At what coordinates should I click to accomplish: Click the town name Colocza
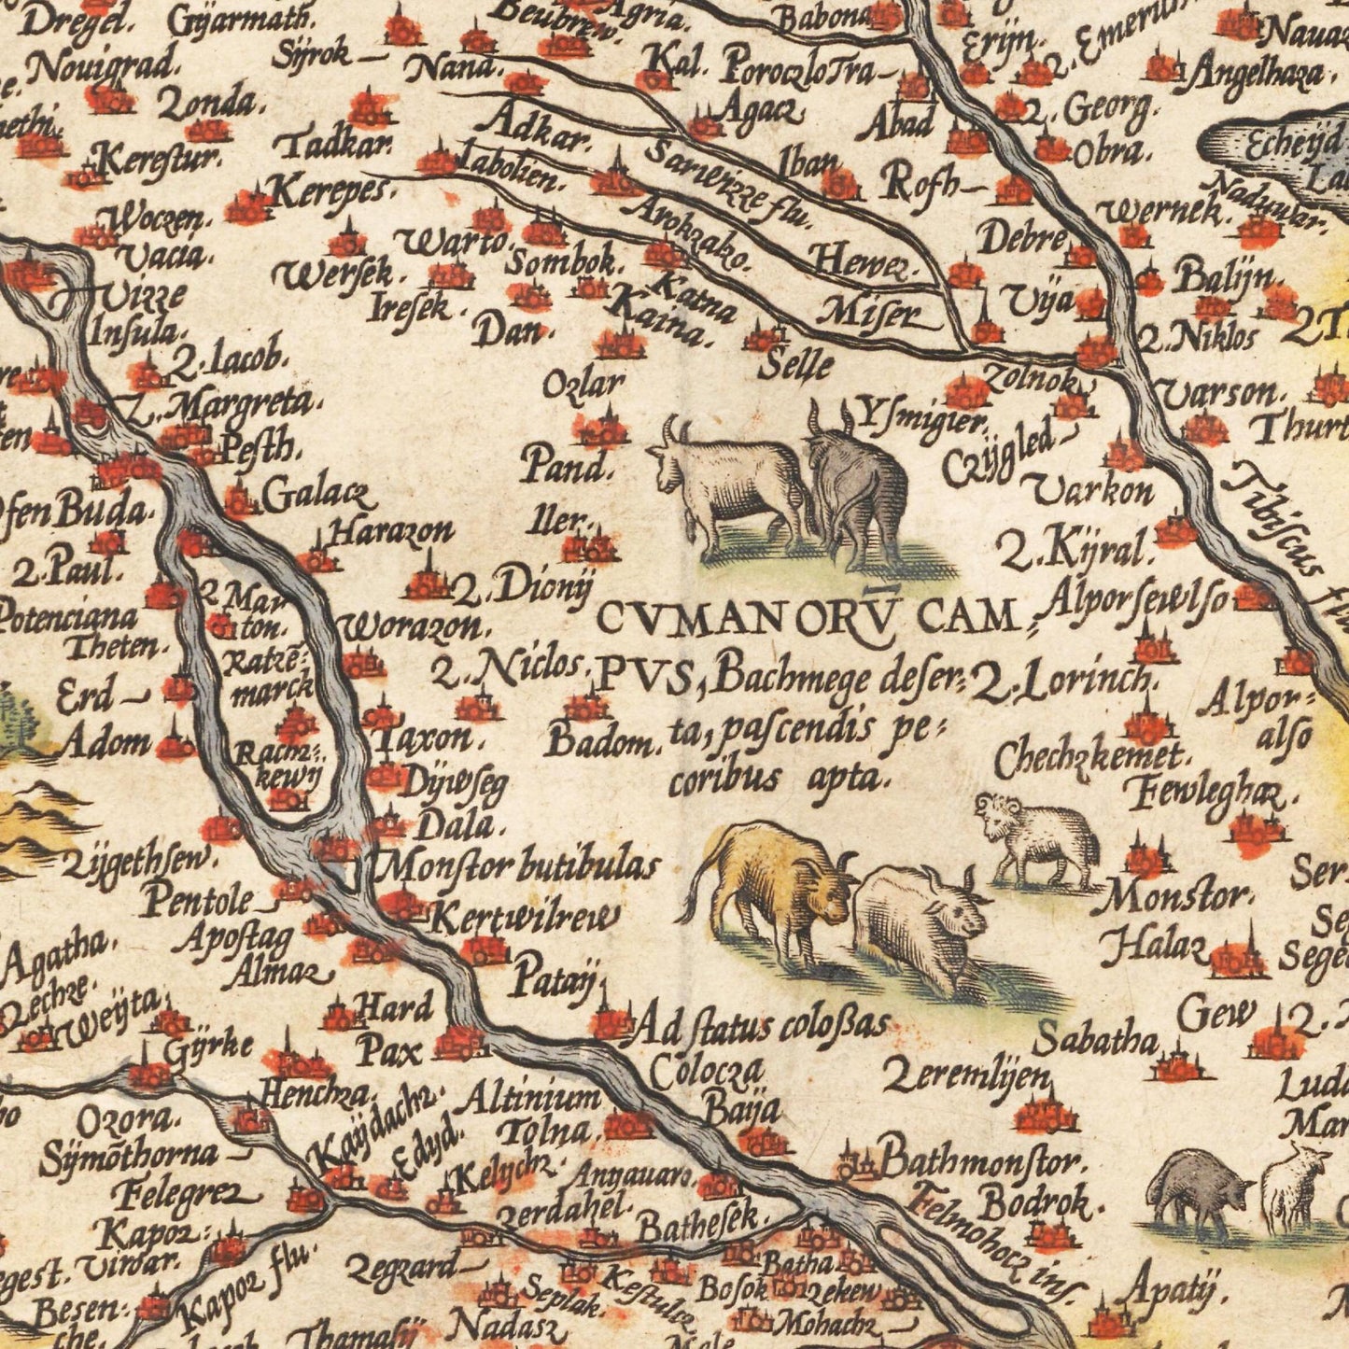[707, 1071]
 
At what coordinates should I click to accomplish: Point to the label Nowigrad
[101, 64]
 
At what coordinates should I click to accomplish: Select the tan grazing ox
[770, 887]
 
